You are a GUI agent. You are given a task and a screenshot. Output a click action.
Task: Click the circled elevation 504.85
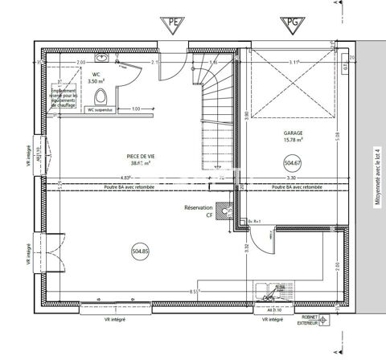click(x=140, y=252)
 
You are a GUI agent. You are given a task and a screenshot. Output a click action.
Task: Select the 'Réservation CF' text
click(x=199, y=211)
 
